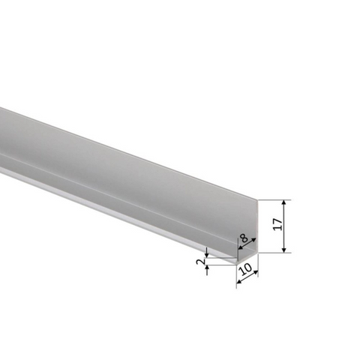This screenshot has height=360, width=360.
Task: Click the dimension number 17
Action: click(x=277, y=224)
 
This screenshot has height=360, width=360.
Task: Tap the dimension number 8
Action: click(x=244, y=238)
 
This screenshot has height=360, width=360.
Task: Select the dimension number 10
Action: click(x=245, y=269)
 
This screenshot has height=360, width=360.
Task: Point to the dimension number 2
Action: click(x=200, y=262)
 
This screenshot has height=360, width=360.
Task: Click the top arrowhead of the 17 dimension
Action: click(x=283, y=202)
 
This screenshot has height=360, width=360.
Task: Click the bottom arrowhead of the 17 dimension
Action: click(x=283, y=250)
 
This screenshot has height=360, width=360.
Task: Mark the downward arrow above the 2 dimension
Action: click(x=207, y=253)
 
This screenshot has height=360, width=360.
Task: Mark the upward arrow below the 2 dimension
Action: click(x=207, y=270)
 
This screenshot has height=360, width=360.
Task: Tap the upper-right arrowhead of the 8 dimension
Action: click(x=253, y=240)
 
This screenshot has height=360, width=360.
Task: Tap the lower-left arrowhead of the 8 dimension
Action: click(x=240, y=247)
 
